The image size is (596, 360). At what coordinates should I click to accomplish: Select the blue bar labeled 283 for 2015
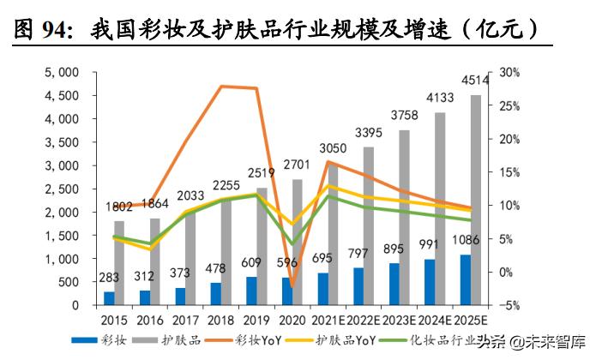[109, 298]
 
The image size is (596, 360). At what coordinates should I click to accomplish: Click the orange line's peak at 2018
[222, 86]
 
